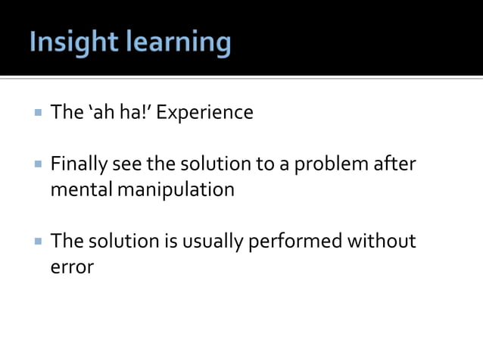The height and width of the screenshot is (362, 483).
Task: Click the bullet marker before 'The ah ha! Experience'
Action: coord(37,113)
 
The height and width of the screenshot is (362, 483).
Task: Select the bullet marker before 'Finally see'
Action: coord(37,164)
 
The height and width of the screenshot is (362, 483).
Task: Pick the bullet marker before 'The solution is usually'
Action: coord(37,241)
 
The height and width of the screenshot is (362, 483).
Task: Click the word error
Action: coord(71,267)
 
